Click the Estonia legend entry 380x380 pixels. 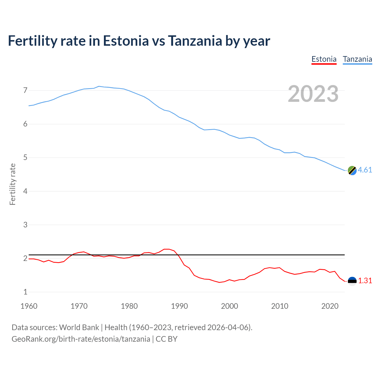coord(324,59)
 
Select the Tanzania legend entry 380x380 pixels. coord(357,59)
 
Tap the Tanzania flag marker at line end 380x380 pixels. coord(352,170)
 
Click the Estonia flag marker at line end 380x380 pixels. coord(352,281)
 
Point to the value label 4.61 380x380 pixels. coord(365,170)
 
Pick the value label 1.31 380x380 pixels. coord(365,281)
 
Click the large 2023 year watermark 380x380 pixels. coord(313,94)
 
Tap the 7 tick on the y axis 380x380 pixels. coord(25,90)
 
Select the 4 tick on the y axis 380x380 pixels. coord(25,191)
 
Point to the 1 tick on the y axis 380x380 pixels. coord(25,292)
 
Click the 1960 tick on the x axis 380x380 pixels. coord(29,306)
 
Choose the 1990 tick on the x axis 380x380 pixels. coord(179,306)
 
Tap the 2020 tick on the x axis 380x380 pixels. coord(330,306)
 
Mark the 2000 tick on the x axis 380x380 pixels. coord(229,306)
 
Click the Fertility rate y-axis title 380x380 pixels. coord(12,184)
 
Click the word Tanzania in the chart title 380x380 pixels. coord(195,41)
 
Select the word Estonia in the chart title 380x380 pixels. coord(126,41)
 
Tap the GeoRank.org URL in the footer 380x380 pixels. coord(81,339)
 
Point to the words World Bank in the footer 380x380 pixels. coord(79,327)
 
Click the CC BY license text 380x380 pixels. coord(167,339)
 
